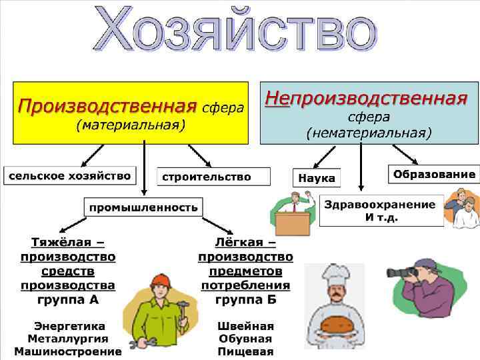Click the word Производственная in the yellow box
pos(107,105)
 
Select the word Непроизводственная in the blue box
pos(366,99)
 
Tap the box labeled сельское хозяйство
pos(69,176)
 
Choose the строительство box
pos(206,177)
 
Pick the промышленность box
pos(143,207)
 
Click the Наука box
pos(316,179)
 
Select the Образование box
pos(434,175)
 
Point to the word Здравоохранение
pos(379,204)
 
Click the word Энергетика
pos(69,327)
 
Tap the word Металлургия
pos(69,339)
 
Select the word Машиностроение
pos(68,351)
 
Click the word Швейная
pos(245,327)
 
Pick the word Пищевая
pos(245,351)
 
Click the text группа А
pos(68,300)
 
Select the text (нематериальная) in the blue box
pos(369,133)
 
